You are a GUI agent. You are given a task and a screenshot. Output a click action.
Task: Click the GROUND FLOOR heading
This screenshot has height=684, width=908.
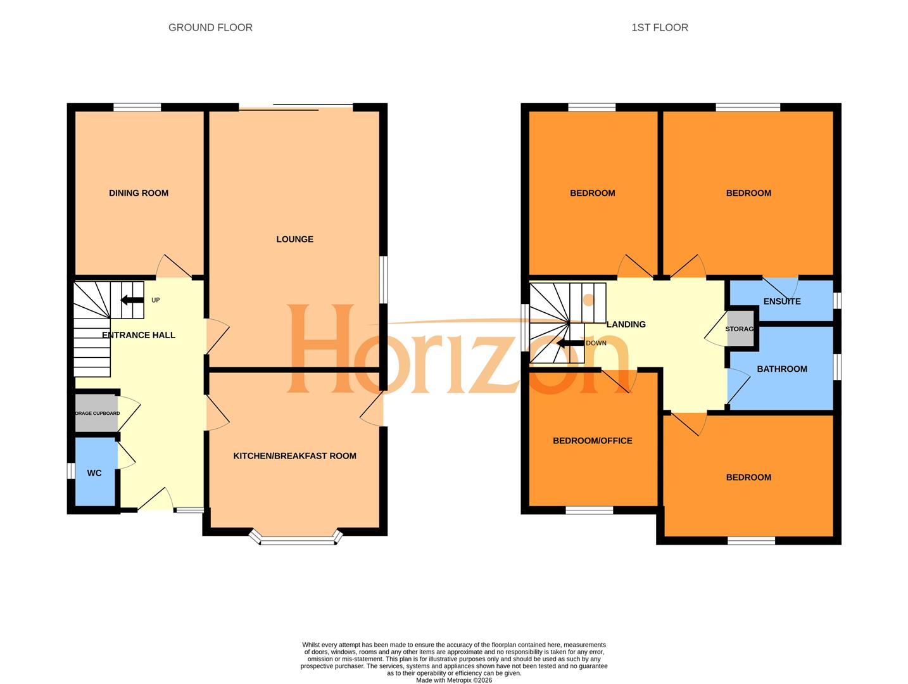pos(210,28)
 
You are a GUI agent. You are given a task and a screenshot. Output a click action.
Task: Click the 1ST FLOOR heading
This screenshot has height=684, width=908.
pos(659,28)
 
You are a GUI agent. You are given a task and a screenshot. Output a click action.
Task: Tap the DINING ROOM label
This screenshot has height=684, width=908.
pos(139,193)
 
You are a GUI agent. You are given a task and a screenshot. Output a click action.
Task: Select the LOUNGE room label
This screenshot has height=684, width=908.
pos(294,239)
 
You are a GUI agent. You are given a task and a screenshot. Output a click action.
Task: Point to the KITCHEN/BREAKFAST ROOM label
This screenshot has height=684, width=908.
pos(294,456)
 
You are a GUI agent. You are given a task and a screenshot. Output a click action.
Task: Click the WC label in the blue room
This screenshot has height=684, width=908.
pos(94,473)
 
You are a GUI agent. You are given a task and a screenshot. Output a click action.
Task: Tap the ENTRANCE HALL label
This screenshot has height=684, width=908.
pos(139,335)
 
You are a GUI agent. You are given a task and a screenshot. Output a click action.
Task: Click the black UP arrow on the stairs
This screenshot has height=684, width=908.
pos(132,300)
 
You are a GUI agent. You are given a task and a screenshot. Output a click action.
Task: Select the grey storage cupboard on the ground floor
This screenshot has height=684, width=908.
pos(96,414)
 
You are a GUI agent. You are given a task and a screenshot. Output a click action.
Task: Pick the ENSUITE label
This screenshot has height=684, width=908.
pos(782,301)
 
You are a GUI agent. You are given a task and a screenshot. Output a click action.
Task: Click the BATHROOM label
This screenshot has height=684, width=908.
pos(782,369)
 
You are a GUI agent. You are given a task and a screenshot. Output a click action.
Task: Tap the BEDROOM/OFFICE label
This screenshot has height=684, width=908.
pos(592,441)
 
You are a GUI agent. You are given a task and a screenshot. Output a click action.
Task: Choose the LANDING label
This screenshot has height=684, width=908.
pos(626,324)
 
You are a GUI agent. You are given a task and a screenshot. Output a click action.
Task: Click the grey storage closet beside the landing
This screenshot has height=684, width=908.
pos(740,329)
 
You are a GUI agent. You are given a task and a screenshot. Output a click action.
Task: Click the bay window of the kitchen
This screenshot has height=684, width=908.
pos(296,540)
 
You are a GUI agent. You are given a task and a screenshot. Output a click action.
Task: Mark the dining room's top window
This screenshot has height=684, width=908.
pos(137,107)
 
